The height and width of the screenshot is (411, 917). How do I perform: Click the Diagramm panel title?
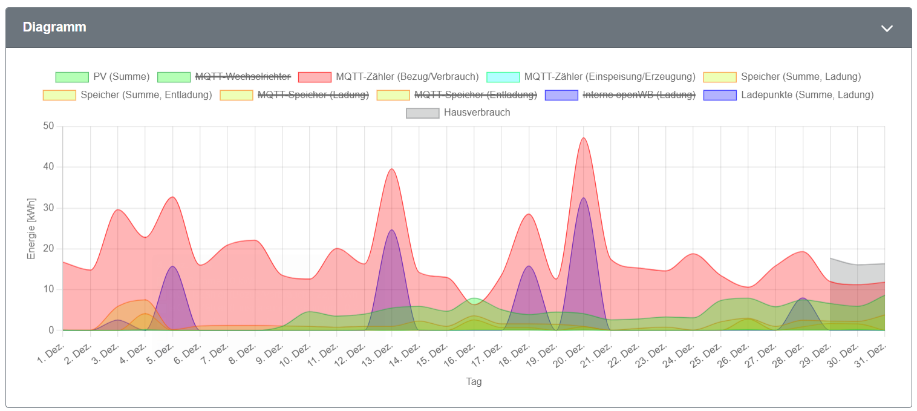tap(54, 27)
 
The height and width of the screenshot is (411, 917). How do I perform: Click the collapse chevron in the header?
tap(887, 28)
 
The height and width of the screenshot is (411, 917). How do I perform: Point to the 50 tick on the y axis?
tap(48, 126)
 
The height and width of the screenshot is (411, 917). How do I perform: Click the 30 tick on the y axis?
tap(48, 208)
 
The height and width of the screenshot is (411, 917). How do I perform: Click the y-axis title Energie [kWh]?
tap(31, 228)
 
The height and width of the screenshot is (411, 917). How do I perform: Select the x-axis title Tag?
tap(474, 382)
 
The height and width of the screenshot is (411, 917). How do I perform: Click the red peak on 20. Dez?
tap(584, 139)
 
